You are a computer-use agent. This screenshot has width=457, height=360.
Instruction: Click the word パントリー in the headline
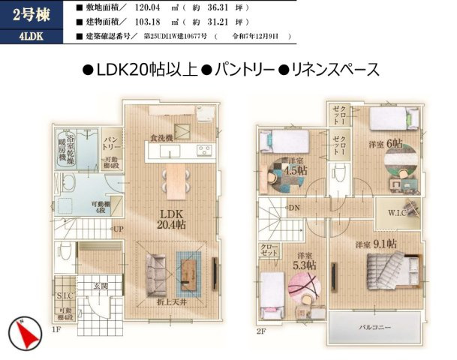pos(237,70)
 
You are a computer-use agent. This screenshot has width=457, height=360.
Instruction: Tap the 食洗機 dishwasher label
pos(161,138)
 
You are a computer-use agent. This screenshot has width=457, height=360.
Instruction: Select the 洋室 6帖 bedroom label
pos(385,143)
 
